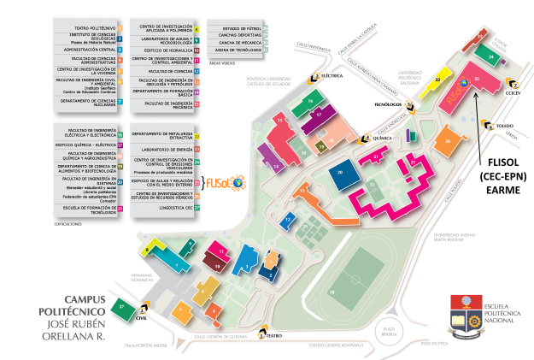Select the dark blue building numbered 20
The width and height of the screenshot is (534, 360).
tap(341, 174)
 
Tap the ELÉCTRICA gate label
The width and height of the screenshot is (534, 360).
tap(332, 75)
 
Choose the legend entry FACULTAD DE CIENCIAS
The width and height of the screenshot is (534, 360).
tap(160, 71)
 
